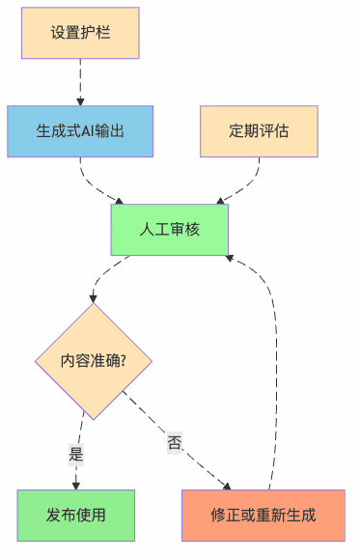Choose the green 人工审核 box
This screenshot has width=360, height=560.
[169, 229]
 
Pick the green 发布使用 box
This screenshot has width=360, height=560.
[75, 514]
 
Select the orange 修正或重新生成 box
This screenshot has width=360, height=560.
[263, 514]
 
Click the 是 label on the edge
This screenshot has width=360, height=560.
[76, 453]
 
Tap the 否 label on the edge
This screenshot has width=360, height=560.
[175, 442]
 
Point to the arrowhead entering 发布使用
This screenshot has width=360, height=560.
[75, 485]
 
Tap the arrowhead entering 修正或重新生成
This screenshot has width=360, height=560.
[227, 485]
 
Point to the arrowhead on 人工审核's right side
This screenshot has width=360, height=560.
[231, 257]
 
